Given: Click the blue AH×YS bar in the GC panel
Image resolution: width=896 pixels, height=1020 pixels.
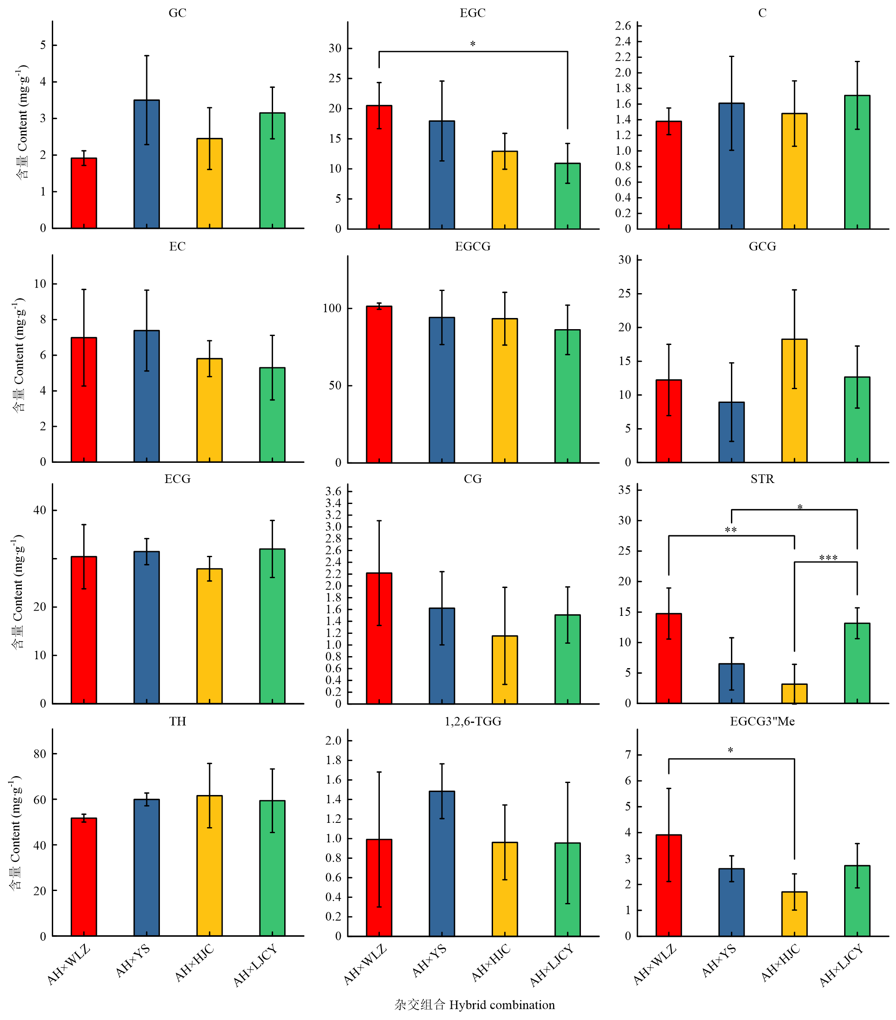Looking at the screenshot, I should pyautogui.click(x=147, y=164).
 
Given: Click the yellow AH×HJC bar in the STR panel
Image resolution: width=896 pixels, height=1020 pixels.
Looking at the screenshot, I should pyautogui.click(x=794, y=693).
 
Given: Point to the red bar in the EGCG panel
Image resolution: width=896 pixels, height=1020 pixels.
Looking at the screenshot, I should pyautogui.click(x=379, y=384).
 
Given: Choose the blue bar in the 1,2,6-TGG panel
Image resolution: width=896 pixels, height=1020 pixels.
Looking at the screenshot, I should pyautogui.click(x=442, y=863).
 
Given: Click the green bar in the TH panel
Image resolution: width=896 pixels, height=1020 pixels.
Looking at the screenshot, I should pyautogui.click(x=272, y=868).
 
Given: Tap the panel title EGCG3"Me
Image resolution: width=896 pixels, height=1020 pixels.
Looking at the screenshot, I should pyautogui.click(x=762, y=722).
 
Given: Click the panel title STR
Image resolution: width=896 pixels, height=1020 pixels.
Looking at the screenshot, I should pyautogui.click(x=762, y=479).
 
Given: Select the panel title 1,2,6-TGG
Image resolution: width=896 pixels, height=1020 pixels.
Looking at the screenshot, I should pyautogui.click(x=473, y=722).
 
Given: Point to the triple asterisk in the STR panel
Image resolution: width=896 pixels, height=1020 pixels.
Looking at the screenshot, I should pyautogui.click(x=828, y=558).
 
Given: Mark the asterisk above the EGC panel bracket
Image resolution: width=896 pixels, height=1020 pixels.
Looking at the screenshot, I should pyautogui.click(x=473, y=44).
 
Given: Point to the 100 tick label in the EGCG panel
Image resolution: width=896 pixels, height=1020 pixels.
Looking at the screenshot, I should pyautogui.click(x=332, y=309).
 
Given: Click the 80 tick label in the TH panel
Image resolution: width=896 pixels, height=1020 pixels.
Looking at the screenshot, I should pyautogui.click(x=40, y=754).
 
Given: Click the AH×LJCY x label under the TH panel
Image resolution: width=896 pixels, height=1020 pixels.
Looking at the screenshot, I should pyautogui.click(x=255, y=966).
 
